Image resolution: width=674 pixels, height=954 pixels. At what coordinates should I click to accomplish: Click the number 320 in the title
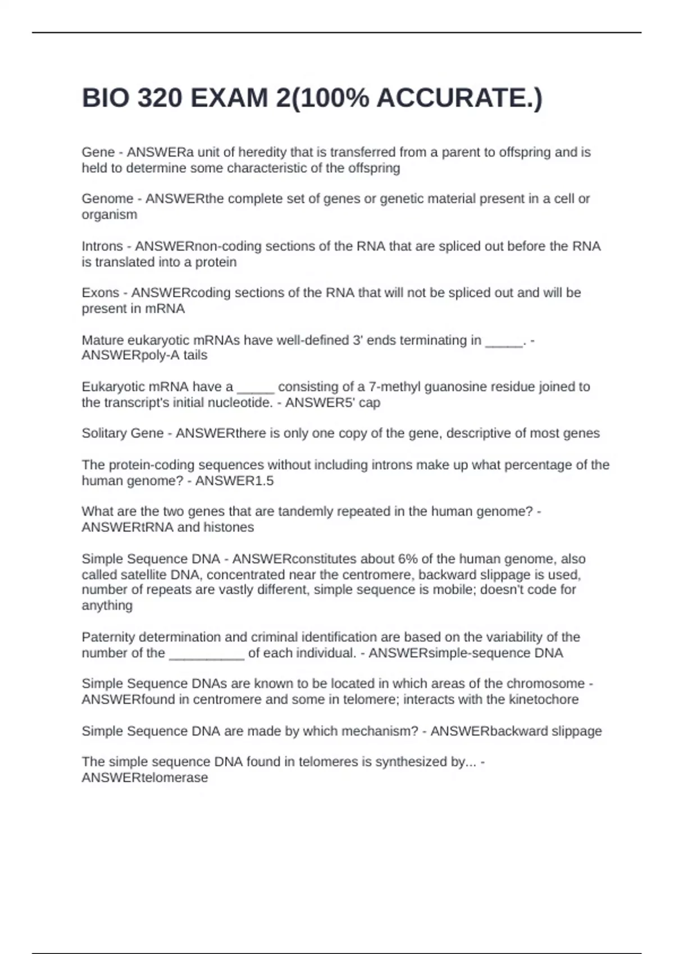coord(160,98)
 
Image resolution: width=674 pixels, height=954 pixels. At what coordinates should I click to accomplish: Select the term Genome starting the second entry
coord(107,199)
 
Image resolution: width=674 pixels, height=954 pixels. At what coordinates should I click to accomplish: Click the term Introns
coord(102,246)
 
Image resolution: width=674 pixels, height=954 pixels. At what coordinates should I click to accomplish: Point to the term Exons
coord(101,293)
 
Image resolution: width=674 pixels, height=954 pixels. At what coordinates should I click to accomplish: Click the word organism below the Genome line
coord(110,214)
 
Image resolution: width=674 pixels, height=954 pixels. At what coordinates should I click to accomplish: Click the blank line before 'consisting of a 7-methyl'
coord(256,387)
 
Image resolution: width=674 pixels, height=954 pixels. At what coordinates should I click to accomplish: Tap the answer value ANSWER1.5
coord(234,481)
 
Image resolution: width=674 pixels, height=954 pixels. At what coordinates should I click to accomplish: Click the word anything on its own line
coord(107,606)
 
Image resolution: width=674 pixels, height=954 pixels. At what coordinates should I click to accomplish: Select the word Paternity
coord(108,637)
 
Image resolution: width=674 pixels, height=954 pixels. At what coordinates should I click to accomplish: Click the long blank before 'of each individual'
coord(207,653)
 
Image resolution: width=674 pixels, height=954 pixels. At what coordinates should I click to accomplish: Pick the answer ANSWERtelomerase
coord(145,778)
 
